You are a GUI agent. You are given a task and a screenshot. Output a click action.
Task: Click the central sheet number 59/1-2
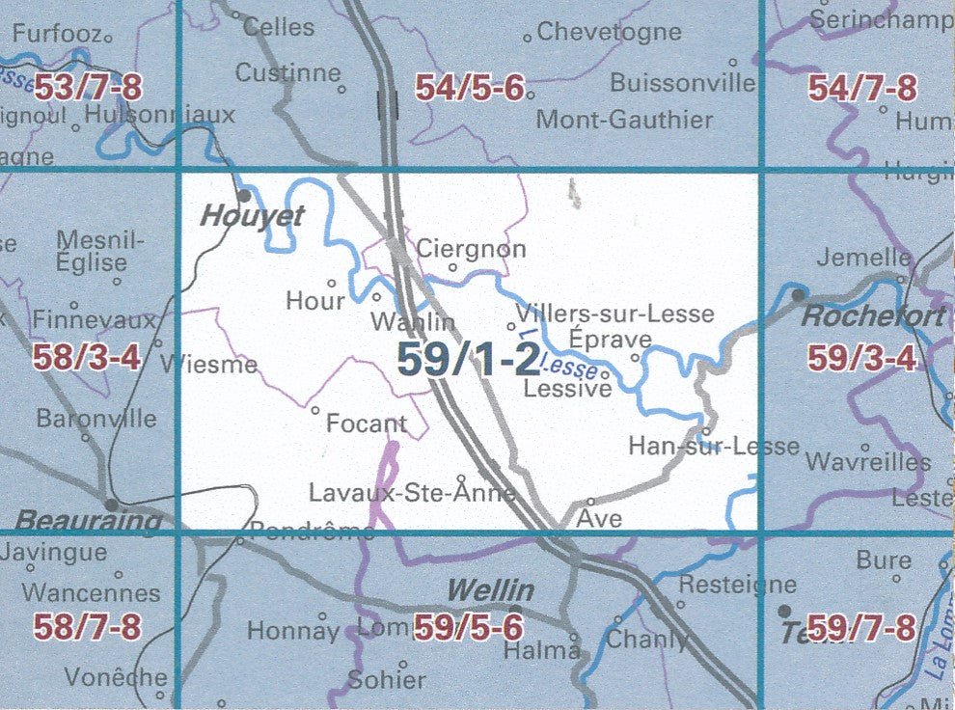tap(468, 360)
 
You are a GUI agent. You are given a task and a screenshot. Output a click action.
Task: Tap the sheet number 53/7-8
tap(88, 89)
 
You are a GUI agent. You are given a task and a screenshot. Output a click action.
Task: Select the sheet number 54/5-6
tap(470, 89)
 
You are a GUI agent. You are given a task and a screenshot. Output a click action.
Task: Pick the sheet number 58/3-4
tap(87, 359)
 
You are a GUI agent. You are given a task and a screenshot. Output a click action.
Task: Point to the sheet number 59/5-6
tap(469, 628)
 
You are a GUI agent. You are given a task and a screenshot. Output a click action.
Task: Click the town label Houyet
tap(251, 216)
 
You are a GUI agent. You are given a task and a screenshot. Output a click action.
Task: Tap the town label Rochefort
tap(860, 315)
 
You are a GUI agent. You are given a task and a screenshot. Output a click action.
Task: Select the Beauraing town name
tap(89, 522)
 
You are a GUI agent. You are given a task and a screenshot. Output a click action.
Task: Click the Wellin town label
tap(490, 588)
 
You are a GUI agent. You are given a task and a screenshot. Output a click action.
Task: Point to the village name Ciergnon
tap(471, 249)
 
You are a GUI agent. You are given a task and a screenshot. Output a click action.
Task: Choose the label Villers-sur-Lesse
tap(615, 314)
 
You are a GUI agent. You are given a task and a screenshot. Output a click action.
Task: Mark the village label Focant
tap(366, 423)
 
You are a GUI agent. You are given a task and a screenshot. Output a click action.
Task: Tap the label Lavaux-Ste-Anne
tap(412, 493)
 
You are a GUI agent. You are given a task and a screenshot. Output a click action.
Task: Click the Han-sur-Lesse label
tap(713, 446)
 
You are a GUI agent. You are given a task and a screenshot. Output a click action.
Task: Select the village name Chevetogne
tap(609, 32)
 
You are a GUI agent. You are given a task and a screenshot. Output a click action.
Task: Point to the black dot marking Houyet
tap(244, 195)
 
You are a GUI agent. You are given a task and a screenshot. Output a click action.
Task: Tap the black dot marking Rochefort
tap(798, 293)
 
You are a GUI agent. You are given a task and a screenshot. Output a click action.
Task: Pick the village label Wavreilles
tap(867, 462)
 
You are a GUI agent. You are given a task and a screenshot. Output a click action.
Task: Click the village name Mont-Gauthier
tap(624, 121)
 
